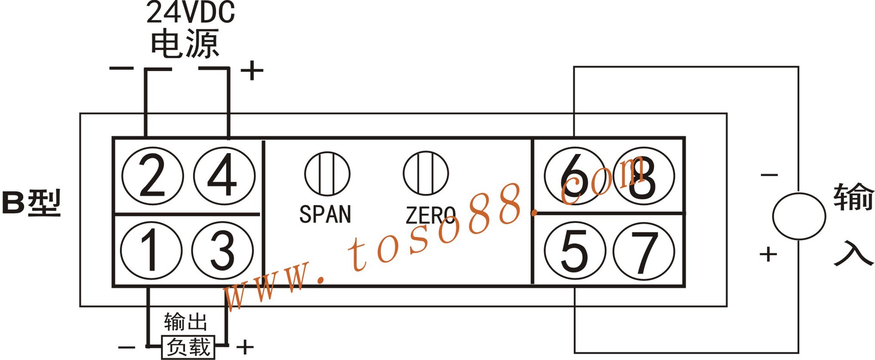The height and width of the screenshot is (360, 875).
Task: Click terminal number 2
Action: pyautogui.click(x=152, y=176)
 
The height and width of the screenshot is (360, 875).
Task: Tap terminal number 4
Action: pyautogui.click(x=224, y=176)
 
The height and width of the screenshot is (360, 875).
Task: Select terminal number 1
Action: pyautogui.click(x=151, y=250)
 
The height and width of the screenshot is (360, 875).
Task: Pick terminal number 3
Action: pyautogui.click(x=222, y=250)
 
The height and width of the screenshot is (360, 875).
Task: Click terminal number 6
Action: pyautogui.click(x=575, y=176)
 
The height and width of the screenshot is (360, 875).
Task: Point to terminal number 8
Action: pyautogui.click(x=643, y=176)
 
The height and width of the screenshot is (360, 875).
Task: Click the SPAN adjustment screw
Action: pyautogui.click(x=327, y=174)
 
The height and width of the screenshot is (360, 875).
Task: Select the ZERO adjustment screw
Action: pyautogui.click(x=426, y=174)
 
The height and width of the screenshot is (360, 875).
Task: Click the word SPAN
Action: pyautogui.click(x=325, y=214)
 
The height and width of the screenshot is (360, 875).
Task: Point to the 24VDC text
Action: pyautogui.click(x=190, y=13)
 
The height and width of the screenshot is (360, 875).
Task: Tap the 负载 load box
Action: pyautogui.click(x=188, y=347)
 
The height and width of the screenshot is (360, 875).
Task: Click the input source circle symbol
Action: pyautogui.click(x=798, y=216)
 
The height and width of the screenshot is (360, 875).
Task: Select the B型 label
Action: pyautogui.click(x=31, y=203)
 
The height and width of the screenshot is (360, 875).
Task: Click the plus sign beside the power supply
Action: pyautogui.click(x=252, y=71)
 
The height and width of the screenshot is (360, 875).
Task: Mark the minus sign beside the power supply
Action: pyautogui.click(x=121, y=69)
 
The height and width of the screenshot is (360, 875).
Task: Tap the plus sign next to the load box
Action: pyautogui.click(x=245, y=347)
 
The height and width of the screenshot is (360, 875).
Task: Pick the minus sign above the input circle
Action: pyautogui.click(x=769, y=175)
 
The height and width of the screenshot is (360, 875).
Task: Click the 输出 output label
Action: pyautogui.click(x=185, y=322)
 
